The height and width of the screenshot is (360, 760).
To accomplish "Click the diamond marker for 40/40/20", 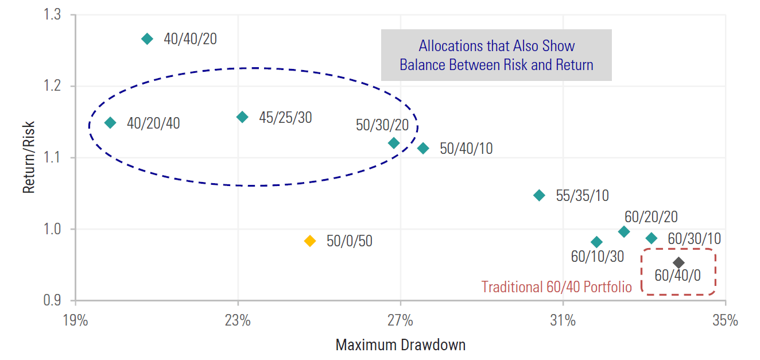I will (147, 39).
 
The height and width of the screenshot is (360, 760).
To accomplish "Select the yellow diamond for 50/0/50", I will (310, 241).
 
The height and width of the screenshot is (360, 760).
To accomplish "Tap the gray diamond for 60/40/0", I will (678, 263).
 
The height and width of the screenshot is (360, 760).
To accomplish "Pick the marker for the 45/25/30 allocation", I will (242, 117).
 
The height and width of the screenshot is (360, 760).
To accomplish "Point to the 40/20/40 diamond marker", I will (110, 122).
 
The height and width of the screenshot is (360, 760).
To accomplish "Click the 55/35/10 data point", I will (539, 195).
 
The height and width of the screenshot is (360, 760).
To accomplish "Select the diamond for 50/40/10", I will (423, 148).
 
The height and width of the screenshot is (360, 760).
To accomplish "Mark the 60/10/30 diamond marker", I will (596, 242).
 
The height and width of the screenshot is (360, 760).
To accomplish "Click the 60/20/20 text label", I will (651, 217).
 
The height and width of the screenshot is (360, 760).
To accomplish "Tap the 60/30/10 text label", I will (694, 239).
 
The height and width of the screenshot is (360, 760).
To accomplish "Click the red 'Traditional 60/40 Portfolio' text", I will (556, 287).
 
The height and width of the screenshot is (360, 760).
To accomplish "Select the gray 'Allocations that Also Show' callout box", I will (497, 55).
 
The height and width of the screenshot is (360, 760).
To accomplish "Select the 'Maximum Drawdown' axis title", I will (400, 345).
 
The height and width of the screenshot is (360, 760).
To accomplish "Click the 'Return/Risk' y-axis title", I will (29, 157).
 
